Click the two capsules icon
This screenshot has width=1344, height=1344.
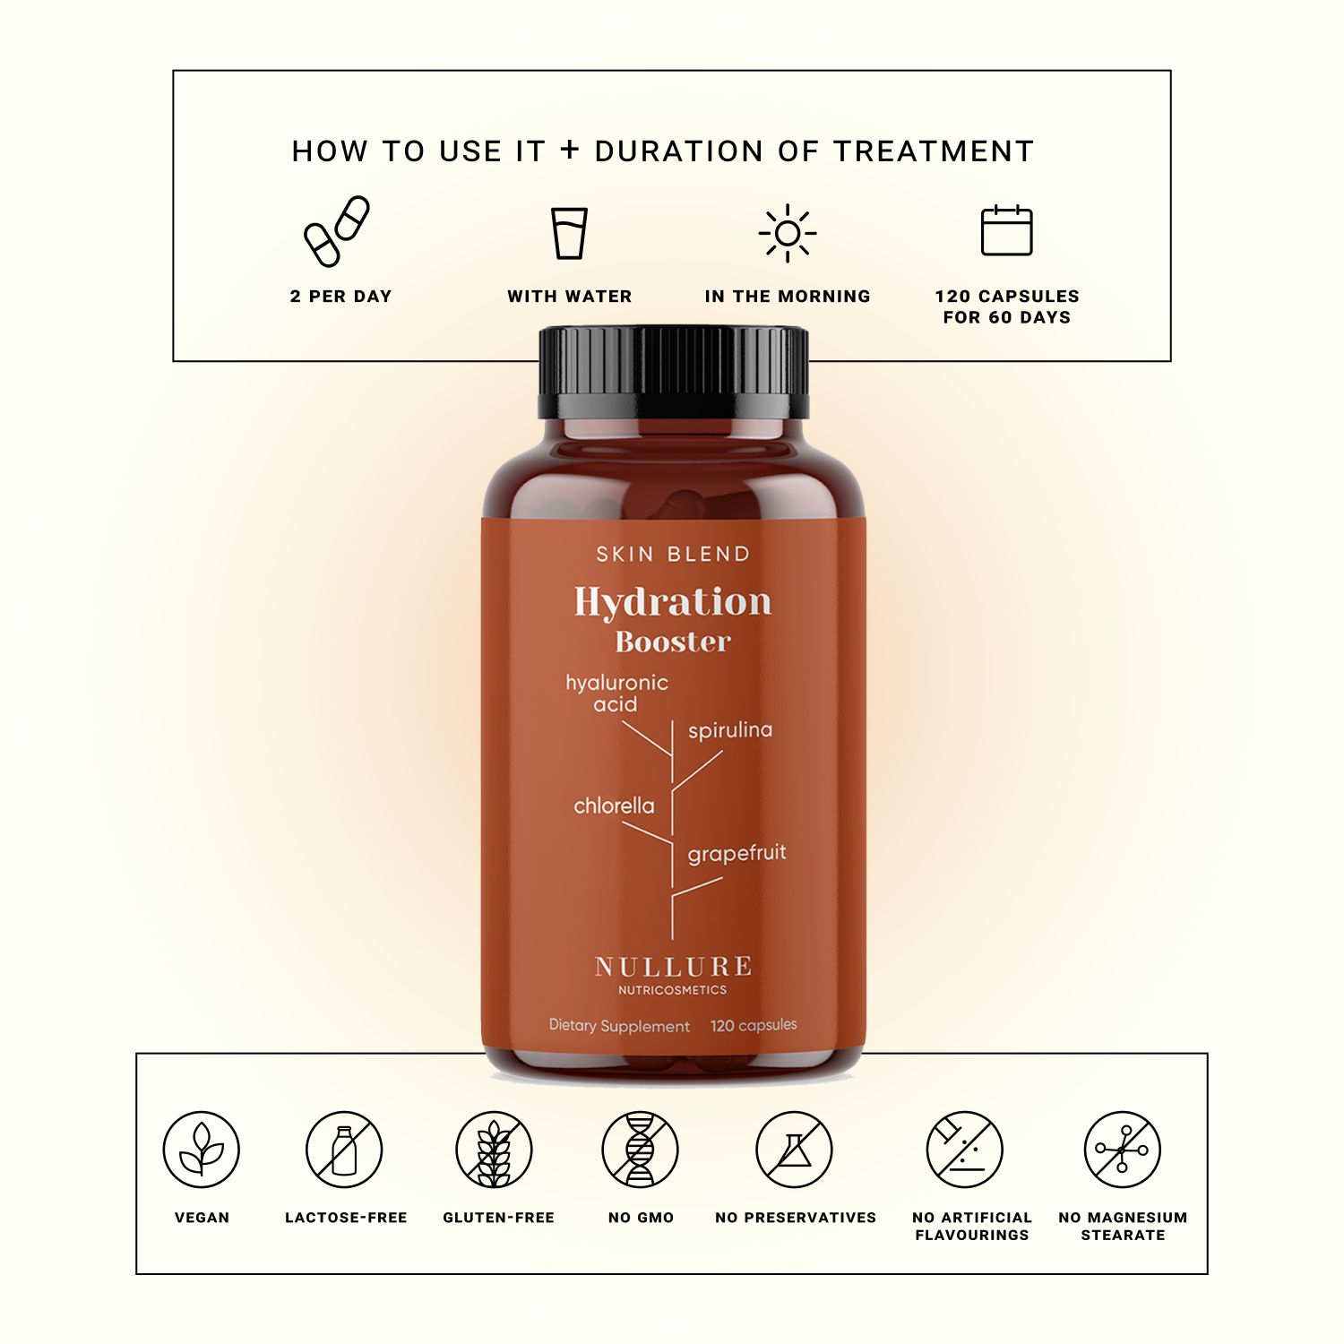pos(336,231)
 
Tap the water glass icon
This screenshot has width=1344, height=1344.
pos(569,233)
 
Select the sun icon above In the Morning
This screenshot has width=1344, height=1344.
pos(787,233)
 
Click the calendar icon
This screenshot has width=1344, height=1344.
pos(1006,231)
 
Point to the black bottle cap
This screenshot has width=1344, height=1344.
pos(673,372)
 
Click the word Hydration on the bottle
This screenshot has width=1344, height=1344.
pos(672,602)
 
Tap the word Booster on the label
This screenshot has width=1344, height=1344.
pos(673,642)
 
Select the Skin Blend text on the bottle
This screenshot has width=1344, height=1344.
pos(673,554)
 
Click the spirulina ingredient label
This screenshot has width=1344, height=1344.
pos(729,730)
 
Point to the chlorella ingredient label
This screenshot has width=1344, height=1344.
pos(614,806)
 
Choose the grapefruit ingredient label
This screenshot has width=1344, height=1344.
pos(737,854)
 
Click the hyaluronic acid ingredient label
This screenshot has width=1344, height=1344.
pos(616,694)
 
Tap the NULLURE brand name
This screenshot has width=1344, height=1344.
pos(673,967)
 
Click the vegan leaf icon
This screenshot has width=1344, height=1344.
pos(202,1150)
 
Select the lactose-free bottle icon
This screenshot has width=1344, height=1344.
pos(344,1150)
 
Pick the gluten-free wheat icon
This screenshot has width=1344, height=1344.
pos(494,1150)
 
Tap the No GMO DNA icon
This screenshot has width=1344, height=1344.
pos(640,1150)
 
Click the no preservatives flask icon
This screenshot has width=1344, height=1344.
pos(794,1150)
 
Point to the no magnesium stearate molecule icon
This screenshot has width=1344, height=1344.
pos(1122,1150)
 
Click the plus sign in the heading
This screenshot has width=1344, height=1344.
pos(570,150)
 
